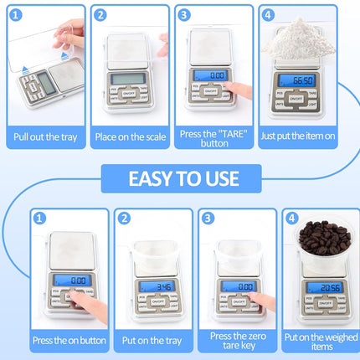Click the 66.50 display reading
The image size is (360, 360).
point(296,80)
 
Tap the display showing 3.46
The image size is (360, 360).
point(157,286)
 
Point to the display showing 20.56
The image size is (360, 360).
point(324,287)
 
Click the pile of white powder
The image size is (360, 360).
point(298,39)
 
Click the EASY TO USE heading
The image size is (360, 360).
point(183,178)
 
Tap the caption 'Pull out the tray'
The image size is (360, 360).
point(45,137)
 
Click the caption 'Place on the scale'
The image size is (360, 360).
point(131,137)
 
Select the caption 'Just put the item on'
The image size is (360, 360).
point(298,136)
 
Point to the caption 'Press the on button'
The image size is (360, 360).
point(69,341)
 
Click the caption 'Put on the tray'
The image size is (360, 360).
point(152,341)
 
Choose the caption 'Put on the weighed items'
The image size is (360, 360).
point(321,342)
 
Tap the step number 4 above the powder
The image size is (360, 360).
point(268,15)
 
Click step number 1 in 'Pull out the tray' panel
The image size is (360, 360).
point(16,15)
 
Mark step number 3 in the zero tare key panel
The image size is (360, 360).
point(208,218)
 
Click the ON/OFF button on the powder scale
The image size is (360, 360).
point(296,99)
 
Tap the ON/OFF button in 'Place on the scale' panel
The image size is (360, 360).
point(128,94)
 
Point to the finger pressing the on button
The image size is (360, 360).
point(88,306)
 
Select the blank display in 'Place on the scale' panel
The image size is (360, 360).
point(128,79)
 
